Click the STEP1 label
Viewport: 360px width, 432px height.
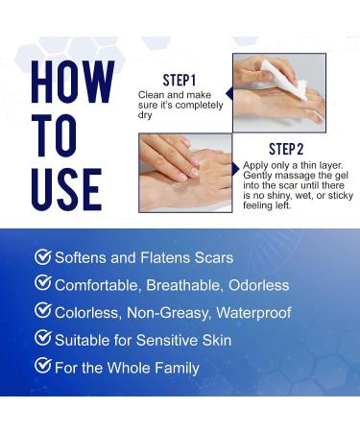tap(180, 80)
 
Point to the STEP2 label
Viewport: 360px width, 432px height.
tap(285, 149)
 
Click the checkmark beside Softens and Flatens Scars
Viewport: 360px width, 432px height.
tap(42, 257)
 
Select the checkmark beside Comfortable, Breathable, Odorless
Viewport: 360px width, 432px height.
tap(42, 284)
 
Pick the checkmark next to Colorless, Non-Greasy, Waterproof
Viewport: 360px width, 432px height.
tap(42, 311)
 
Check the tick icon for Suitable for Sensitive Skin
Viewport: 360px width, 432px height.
tap(42, 338)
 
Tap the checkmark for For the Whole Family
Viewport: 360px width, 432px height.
tap(42, 366)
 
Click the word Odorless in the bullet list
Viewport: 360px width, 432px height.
tap(257, 285)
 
